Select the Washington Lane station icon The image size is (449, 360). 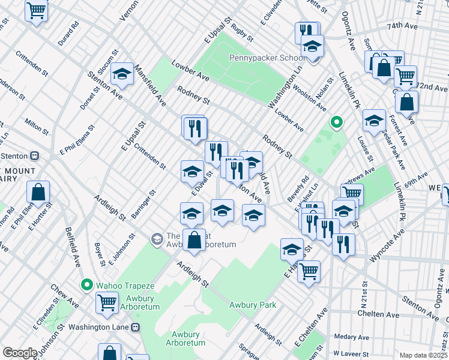pos(136,327)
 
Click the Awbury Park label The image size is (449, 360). pos(253,305)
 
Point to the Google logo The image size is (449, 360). pos(19,353)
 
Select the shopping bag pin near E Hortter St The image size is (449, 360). pos(38,193)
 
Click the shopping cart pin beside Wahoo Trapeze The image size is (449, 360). pos(106,303)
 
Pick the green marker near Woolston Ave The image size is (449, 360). pos(337,123)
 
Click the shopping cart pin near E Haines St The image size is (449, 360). pos(309,271)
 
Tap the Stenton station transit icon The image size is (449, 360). pos(35,156)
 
